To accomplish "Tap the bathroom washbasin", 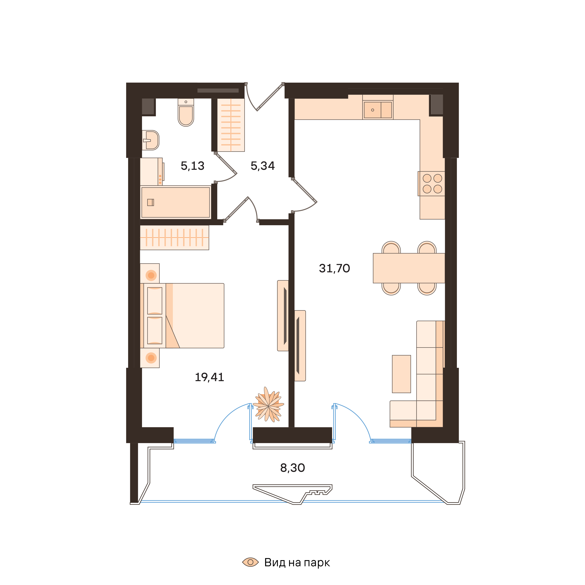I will tap(151, 140).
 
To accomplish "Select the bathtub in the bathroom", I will tap(176, 202).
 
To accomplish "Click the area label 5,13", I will tap(193, 166).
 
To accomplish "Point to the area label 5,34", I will tap(263, 166).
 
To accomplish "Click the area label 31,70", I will tap(334, 268).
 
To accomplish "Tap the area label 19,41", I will tap(209, 377).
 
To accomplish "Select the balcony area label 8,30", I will tap(292, 468).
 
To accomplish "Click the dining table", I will tap(409, 268).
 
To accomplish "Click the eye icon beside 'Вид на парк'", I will tap(250, 562).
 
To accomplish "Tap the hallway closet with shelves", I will tap(231, 125).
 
